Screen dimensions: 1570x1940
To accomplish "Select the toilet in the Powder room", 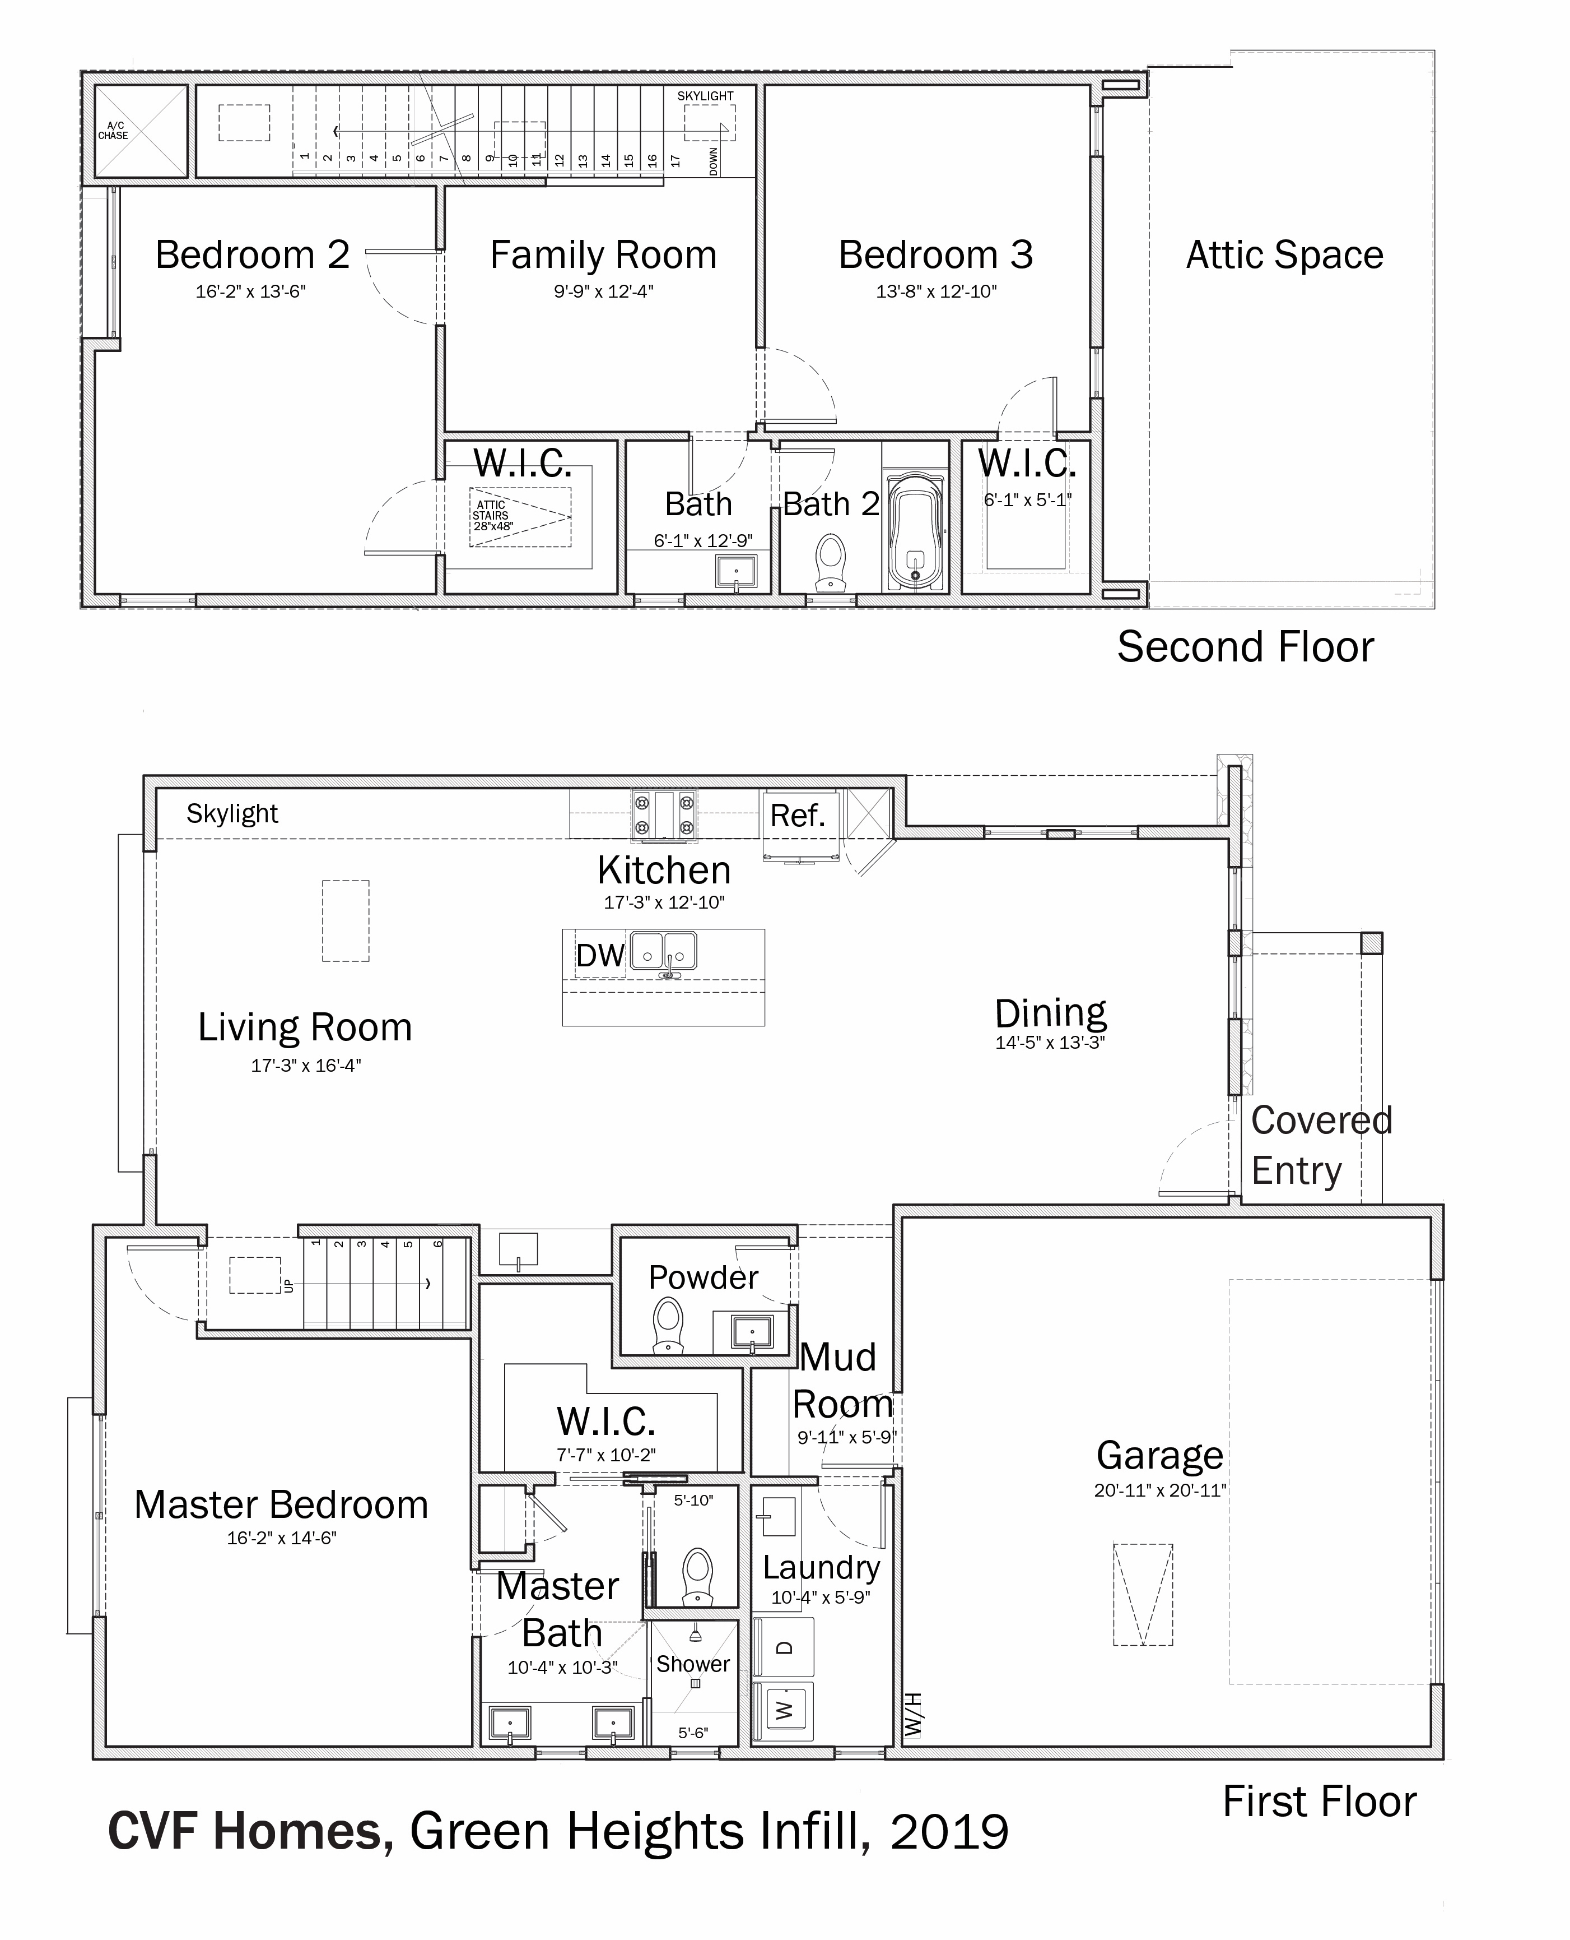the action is pos(668,1326).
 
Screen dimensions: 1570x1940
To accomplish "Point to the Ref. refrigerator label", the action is pos(798,815).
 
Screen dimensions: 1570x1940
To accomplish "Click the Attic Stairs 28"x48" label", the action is pos(493,516).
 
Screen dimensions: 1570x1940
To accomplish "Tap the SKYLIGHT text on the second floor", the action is pos(705,96).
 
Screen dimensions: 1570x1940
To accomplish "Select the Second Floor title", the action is pos(1245,647).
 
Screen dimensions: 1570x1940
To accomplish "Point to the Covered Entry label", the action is pos(1321,1146).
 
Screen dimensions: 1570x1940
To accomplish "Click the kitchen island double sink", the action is pos(664,951).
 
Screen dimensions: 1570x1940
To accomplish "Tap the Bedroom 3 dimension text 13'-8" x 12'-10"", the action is pos(936,291).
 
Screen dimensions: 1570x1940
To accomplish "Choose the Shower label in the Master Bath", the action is pos(693,1664).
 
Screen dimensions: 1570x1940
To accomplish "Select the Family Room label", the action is pos(603,255).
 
